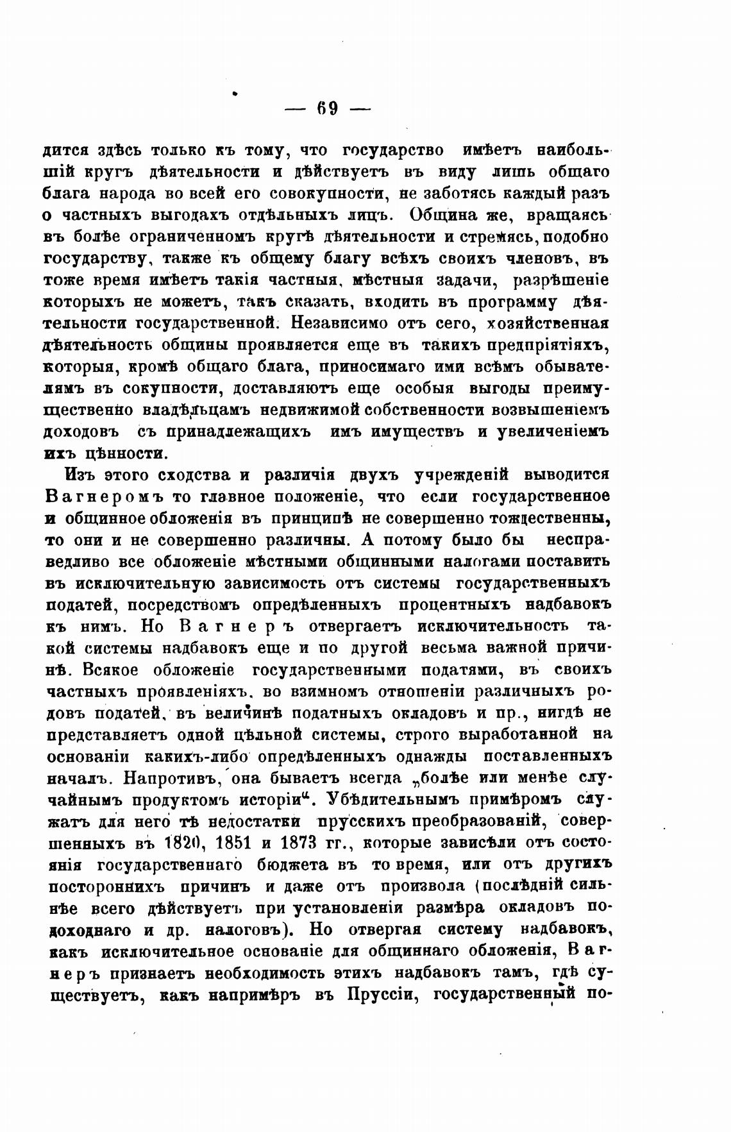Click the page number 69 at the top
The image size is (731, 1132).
[327, 108]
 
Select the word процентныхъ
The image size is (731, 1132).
[453, 605]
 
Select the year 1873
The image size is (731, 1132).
[296, 843]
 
